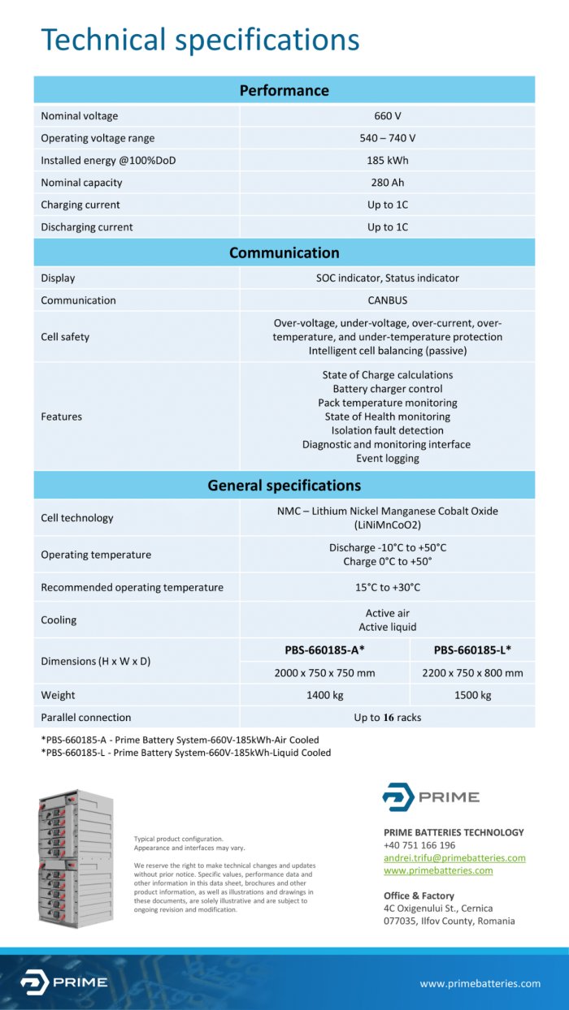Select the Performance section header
coord(284,90)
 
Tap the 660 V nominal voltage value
coord(387,116)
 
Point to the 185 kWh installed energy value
coord(387,161)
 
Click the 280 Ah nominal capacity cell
coord(387,183)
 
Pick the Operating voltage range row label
coord(98,138)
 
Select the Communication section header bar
coord(284,252)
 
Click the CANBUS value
coord(387,300)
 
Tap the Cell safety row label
coord(65,337)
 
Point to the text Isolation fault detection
coord(387,430)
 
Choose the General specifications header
coord(284,486)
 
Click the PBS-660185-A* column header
coord(324,650)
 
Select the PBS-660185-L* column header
coord(472,650)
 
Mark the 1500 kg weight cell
coord(472,696)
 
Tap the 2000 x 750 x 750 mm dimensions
coord(324,673)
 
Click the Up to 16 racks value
coord(387,718)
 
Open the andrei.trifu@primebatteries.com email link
coord(454,858)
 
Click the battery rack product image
coord(76,858)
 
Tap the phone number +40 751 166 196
coord(419,845)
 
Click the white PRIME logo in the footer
coord(63,982)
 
